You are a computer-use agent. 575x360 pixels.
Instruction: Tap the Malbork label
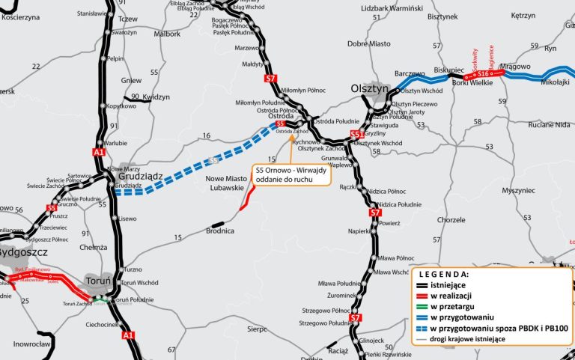tap(167, 34)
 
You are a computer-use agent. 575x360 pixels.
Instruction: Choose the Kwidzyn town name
tap(156, 97)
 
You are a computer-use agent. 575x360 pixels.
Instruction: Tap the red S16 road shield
tap(484, 74)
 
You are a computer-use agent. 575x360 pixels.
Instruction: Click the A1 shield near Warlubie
tap(99, 152)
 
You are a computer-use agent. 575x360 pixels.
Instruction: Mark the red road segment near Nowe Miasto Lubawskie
tap(246, 197)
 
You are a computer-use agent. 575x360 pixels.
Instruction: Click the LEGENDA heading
tap(443, 275)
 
